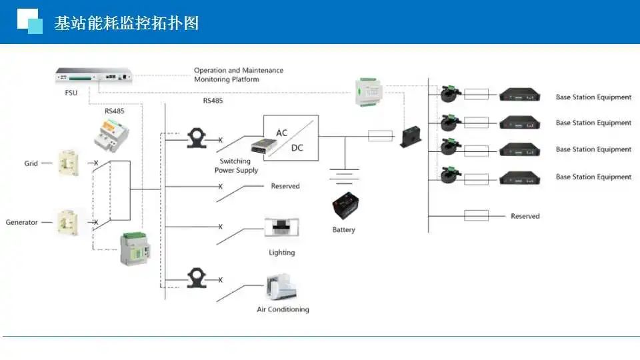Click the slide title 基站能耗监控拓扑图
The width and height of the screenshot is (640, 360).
pyautogui.click(x=127, y=23)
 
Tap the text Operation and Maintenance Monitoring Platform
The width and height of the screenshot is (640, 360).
pyautogui.click(x=238, y=75)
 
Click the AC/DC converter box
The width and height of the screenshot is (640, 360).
pyautogui.click(x=291, y=138)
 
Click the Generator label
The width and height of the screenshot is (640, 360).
pyautogui.click(x=22, y=222)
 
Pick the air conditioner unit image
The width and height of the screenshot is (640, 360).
pyautogui.click(x=281, y=287)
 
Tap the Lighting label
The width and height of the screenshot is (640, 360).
pyautogui.click(x=281, y=253)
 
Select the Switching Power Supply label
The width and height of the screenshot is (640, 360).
pyautogui.click(x=235, y=166)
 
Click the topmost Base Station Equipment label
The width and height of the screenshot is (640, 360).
pyautogui.click(x=593, y=97)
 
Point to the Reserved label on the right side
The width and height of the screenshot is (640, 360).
pyautogui.click(x=525, y=216)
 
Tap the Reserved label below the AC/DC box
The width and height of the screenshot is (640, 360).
pyautogui.click(x=285, y=186)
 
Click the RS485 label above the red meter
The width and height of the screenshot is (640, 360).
pyautogui.click(x=115, y=111)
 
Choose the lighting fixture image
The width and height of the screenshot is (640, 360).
pyautogui.click(x=281, y=227)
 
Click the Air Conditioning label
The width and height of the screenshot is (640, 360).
pyautogui.click(x=283, y=309)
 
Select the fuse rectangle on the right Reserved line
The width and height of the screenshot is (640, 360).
pyautogui.click(x=476, y=215)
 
